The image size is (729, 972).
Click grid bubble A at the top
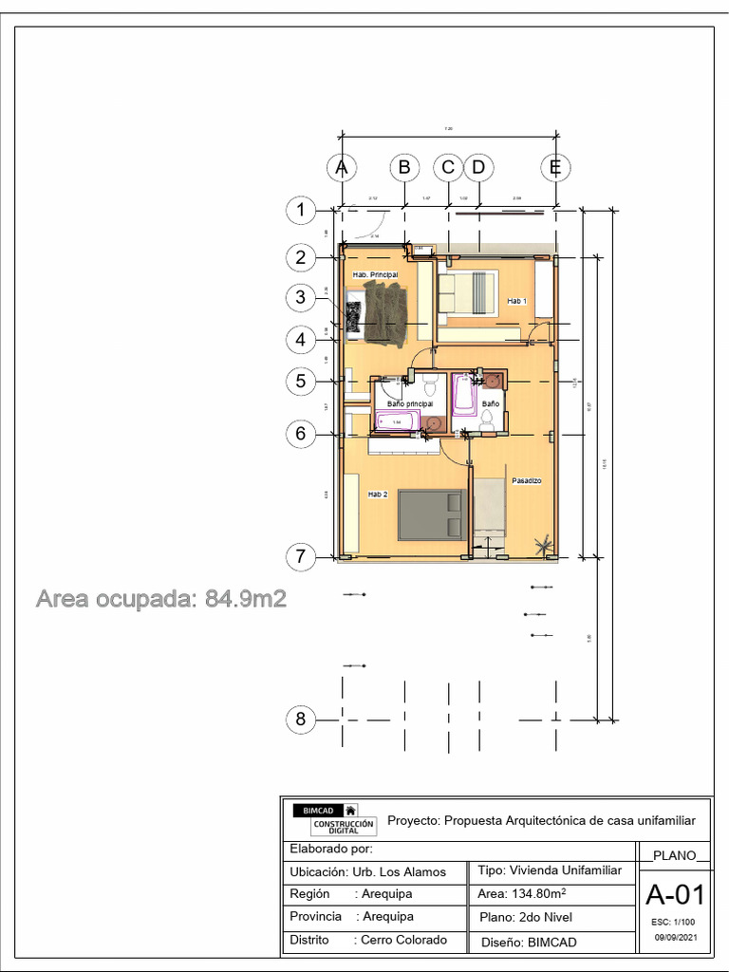(x=341, y=168)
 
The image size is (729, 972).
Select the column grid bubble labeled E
(x=556, y=168)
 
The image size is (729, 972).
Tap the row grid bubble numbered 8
(x=301, y=720)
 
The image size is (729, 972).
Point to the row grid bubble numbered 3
(x=301, y=298)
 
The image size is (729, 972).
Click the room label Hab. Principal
(x=375, y=274)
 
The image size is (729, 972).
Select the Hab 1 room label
(x=516, y=301)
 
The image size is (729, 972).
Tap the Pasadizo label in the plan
(x=526, y=481)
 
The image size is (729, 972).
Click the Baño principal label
(x=410, y=403)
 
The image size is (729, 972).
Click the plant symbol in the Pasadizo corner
(x=544, y=545)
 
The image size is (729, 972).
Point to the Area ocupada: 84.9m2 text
(x=161, y=599)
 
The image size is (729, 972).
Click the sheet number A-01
(x=675, y=895)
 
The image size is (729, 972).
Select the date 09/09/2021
(x=675, y=938)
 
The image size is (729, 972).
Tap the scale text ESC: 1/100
(x=674, y=922)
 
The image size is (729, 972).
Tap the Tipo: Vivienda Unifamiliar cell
(x=551, y=870)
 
